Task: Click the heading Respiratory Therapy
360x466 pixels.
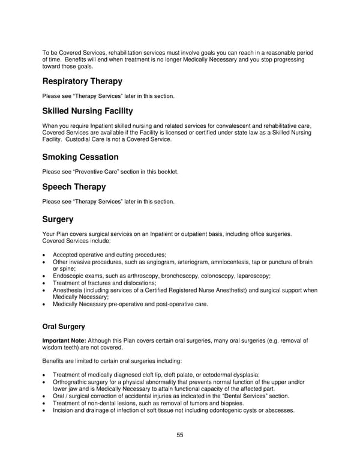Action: [82, 81]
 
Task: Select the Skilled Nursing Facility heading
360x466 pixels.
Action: [88, 111]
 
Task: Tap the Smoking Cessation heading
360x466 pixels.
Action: [80, 157]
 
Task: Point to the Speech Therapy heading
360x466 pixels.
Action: [74, 187]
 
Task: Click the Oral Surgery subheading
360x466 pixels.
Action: [64, 327]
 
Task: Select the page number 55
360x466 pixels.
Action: [179, 435]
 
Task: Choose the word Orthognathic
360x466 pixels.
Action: [72, 382]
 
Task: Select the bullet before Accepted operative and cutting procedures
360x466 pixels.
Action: [44, 255]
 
